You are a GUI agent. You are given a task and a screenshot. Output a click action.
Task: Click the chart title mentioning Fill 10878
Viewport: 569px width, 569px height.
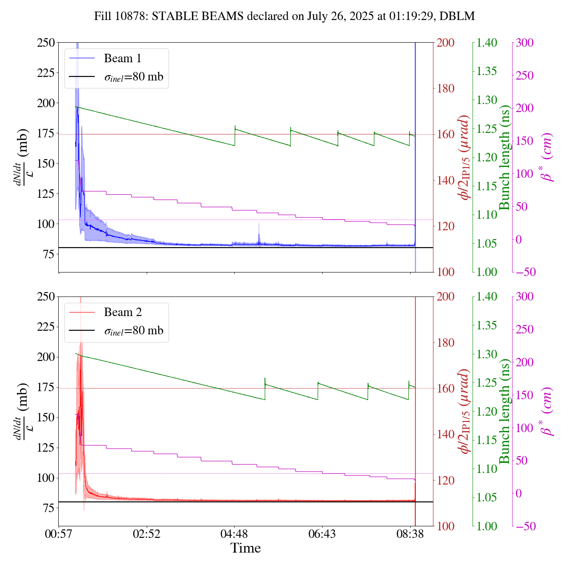[284, 16]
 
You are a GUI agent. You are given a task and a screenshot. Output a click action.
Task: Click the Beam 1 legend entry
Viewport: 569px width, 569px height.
[122, 59]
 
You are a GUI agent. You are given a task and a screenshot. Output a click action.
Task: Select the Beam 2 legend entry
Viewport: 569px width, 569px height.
[122, 313]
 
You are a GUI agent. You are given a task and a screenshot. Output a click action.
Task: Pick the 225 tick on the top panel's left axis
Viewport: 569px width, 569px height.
[46, 73]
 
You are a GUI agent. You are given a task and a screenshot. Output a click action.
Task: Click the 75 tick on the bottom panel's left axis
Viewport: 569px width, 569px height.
[48, 508]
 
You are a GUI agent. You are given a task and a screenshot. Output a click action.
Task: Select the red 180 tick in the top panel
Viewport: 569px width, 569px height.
[446, 88]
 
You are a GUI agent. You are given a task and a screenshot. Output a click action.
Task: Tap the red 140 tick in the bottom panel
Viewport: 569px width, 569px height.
[446, 434]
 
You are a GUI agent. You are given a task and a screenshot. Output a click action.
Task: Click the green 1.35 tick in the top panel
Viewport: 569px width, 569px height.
[487, 71]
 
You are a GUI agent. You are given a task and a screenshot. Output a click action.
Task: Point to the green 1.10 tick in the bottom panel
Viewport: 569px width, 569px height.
[487, 469]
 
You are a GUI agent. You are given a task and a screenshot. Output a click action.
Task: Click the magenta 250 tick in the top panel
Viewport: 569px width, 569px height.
[525, 76]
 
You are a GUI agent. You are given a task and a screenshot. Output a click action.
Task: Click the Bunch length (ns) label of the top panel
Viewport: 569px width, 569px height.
[505, 157]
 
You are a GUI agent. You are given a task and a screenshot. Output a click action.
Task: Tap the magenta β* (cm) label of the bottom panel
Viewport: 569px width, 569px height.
[546, 411]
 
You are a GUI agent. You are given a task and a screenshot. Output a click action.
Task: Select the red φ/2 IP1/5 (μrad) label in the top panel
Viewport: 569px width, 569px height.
[465, 157]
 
